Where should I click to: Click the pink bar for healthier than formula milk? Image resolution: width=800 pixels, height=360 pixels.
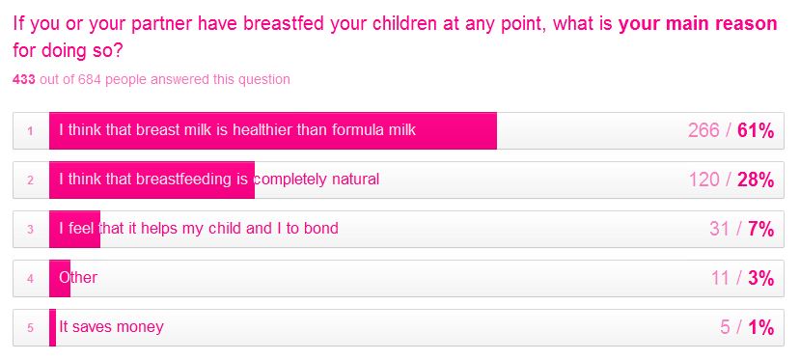272,130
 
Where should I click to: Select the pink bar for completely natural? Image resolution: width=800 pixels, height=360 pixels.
152,180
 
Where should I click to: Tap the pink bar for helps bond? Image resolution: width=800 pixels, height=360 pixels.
74,229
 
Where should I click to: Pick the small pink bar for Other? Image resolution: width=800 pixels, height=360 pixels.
60,278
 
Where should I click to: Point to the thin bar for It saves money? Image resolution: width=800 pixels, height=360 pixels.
52,327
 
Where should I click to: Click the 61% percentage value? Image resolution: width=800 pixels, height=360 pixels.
756,130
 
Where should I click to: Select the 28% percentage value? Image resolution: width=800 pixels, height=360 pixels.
756,180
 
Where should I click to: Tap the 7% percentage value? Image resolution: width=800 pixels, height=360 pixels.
761,229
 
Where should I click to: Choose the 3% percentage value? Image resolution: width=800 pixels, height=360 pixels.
761,278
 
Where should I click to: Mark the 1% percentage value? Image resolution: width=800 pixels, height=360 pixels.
761,327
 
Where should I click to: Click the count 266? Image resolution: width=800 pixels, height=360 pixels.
704,130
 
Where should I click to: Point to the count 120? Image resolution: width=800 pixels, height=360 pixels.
704,180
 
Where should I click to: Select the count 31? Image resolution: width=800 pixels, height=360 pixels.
720,229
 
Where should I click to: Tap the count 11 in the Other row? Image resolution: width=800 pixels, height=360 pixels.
720,278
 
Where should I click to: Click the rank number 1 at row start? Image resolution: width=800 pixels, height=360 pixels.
31,131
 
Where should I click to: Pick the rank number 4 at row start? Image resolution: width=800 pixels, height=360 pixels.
31,279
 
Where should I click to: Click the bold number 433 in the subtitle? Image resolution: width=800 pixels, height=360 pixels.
25,79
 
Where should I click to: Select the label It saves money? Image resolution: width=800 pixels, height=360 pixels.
111,327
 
